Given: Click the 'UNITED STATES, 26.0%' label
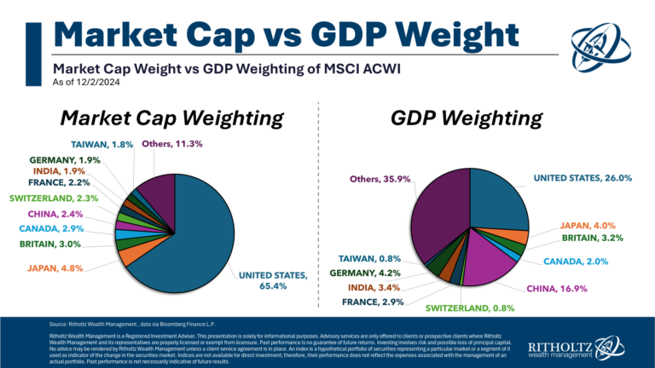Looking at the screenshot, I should tap(583, 178).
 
